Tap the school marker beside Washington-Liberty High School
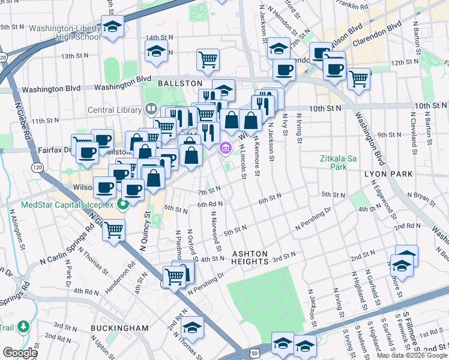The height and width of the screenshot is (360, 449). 112,28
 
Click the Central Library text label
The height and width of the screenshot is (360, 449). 115,110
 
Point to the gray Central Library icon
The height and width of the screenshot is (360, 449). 150,110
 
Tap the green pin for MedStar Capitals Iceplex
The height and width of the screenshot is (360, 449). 123,205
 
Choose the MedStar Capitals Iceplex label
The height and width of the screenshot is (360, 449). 65,204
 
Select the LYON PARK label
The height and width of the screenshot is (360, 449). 388,174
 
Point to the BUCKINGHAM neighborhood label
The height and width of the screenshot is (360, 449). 119,328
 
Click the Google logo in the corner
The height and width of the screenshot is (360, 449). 20,353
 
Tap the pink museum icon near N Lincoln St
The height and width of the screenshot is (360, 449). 226,148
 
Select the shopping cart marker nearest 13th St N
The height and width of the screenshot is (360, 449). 208,59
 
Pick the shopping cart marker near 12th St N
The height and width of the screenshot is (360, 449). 358,78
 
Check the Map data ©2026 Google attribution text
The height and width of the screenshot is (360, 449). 411,355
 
